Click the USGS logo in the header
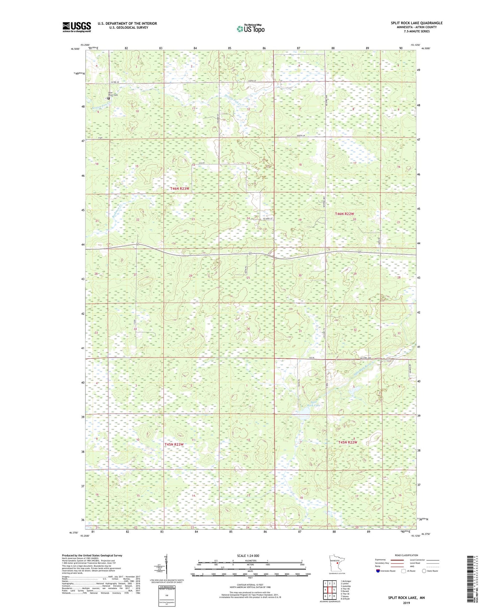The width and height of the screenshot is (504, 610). pos(77,27)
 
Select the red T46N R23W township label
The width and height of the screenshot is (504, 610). pos(180,189)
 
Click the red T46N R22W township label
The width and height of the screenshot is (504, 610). pos(345,214)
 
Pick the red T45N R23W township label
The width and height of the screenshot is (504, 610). pos(174,444)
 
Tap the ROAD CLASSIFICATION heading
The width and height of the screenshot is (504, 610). pos(406,555)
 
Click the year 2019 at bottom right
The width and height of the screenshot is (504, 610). pos(406,603)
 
